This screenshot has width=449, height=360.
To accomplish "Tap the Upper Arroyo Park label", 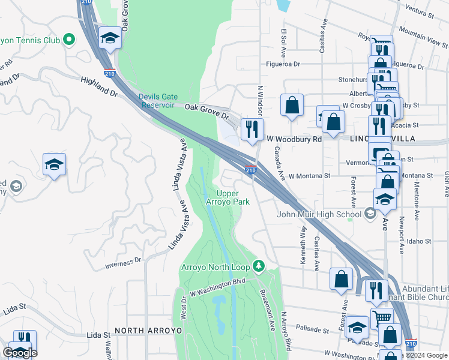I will (232, 197).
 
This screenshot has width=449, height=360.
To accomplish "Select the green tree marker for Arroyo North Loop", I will (259, 265).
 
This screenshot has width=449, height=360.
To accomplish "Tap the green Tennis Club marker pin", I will (69, 40).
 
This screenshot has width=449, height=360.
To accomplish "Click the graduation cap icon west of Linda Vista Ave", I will (54, 164).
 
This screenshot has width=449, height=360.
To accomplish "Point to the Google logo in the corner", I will (20, 353).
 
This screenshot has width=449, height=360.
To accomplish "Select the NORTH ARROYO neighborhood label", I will (140, 331).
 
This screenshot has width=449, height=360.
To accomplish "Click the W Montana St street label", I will (309, 176).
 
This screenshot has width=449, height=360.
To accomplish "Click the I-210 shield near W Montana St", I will (251, 170).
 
